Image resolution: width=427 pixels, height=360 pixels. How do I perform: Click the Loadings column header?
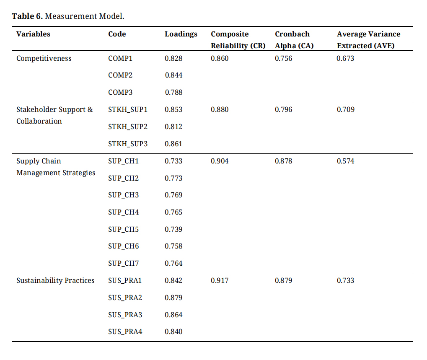click(x=181, y=34)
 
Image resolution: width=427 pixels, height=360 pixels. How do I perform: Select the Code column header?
click(x=117, y=34)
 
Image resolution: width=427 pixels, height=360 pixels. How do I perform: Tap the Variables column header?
click(x=33, y=34)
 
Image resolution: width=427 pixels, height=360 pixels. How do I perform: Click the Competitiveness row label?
click(x=44, y=59)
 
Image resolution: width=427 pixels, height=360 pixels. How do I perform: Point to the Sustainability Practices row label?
click(x=55, y=280)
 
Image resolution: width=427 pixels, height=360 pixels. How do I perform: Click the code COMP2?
click(x=120, y=75)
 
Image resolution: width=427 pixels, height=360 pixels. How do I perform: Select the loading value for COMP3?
click(x=173, y=92)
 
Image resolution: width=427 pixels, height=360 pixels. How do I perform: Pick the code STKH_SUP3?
click(x=128, y=144)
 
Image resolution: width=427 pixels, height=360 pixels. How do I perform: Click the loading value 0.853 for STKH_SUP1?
click(x=173, y=109)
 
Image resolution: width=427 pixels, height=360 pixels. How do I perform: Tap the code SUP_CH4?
click(x=123, y=212)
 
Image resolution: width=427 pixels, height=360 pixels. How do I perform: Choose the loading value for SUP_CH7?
click(x=173, y=263)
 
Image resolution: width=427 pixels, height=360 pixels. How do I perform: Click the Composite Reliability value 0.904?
click(x=220, y=161)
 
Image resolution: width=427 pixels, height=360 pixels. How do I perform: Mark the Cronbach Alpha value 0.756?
click(x=284, y=58)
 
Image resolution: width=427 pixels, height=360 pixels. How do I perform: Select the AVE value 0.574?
click(x=346, y=161)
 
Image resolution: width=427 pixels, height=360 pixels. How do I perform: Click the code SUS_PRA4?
click(x=125, y=332)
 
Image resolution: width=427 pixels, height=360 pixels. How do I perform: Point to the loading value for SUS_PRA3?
click(x=173, y=315)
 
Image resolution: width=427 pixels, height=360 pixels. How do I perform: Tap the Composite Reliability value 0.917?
click(x=220, y=280)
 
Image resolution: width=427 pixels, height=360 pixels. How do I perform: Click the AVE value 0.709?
click(x=346, y=109)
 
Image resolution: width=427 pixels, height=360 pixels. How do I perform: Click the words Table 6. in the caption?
click(x=27, y=16)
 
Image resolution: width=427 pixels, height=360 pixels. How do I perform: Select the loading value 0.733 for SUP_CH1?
click(x=173, y=161)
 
